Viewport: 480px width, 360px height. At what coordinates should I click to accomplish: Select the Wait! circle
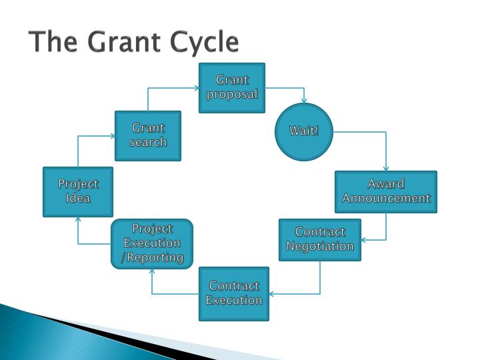(304, 131)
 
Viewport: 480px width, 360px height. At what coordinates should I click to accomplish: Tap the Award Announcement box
(386, 192)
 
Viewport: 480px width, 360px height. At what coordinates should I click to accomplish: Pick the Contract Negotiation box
(320, 239)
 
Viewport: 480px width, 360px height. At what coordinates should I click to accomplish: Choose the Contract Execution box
(233, 293)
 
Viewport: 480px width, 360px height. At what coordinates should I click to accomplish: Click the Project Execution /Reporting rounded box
(152, 243)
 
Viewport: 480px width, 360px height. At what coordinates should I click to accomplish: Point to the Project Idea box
(78, 191)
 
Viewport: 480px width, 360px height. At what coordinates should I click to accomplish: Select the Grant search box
(148, 135)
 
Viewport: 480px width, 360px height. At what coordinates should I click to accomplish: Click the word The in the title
(52, 42)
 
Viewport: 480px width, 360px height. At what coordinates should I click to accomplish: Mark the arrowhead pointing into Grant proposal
(197, 88)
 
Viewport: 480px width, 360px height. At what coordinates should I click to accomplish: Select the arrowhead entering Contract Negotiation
(364, 239)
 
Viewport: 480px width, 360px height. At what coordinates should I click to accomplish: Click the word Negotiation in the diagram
(320, 247)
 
